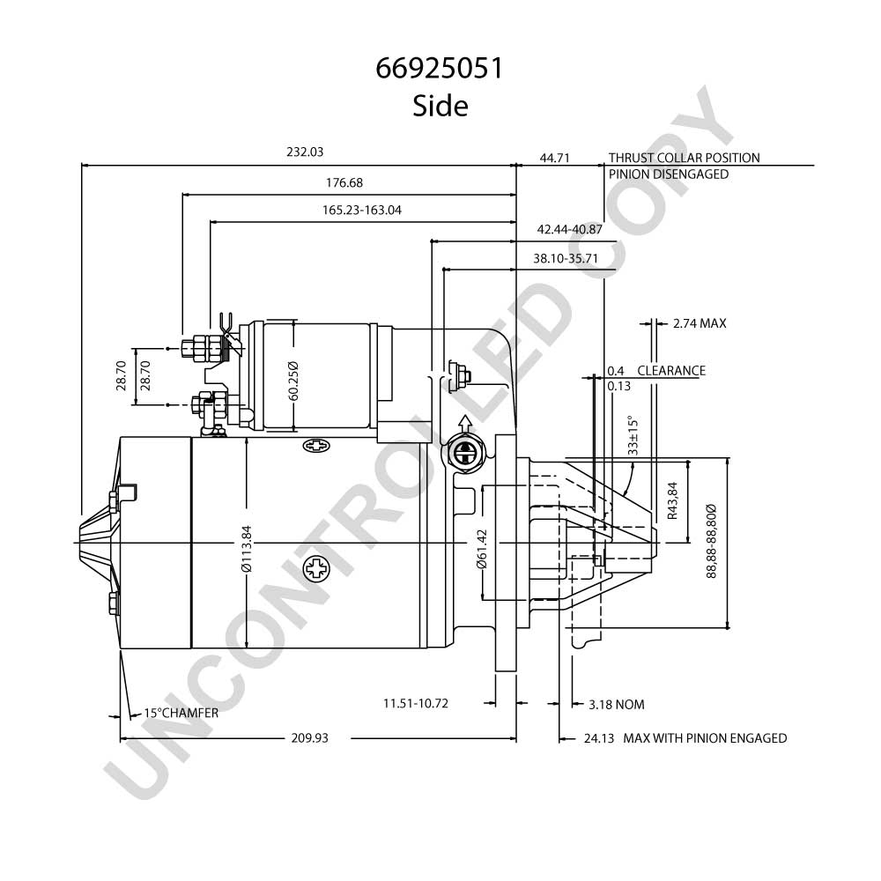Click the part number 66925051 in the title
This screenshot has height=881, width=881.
440,69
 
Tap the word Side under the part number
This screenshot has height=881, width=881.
440,106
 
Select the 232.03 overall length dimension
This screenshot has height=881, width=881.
305,152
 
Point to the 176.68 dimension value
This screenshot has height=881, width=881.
344,182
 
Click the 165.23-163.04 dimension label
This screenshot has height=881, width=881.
362,211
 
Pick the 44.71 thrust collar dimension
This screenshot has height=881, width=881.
554,158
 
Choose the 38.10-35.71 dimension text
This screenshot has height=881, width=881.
566,258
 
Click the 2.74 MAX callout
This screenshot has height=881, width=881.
700,323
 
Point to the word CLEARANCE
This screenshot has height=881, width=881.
671,371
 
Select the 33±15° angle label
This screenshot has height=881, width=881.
633,435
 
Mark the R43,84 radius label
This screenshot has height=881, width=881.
672,500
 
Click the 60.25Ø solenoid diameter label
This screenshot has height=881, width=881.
293,381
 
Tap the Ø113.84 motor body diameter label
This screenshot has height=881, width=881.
247,549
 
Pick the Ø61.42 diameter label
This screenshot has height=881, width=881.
482,549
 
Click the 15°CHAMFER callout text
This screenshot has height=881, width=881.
181,713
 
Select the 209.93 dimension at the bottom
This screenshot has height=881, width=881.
309,737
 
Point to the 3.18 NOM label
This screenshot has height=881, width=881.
617,705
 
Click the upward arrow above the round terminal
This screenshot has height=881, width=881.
464,424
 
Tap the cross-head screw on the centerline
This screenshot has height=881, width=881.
316,568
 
